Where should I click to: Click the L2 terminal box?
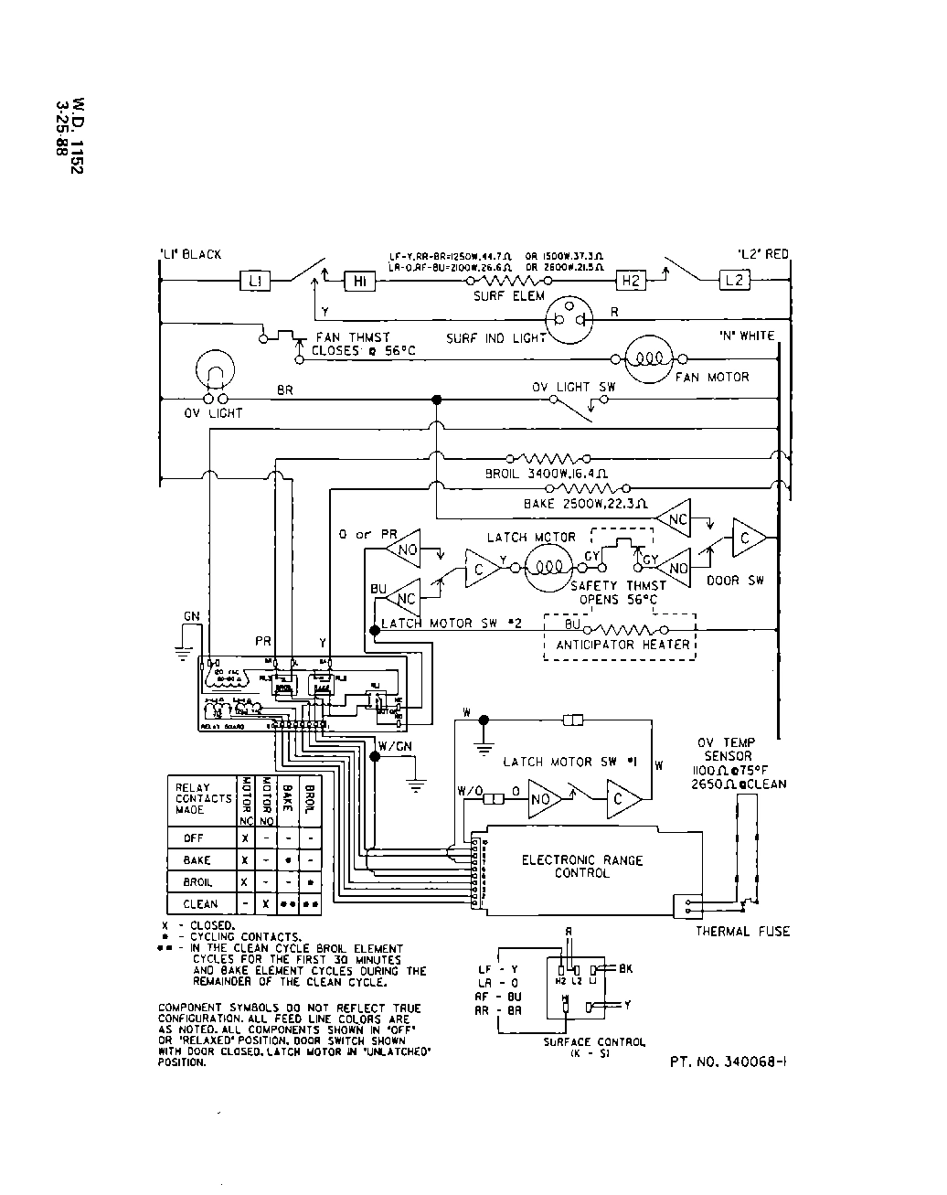click(x=735, y=281)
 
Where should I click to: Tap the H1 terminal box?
click(x=359, y=282)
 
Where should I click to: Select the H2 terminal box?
click(x=631, y=281)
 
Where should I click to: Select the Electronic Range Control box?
click(x=582, y=867)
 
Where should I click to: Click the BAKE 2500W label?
click(x=586, y=504)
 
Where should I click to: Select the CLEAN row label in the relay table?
click(x=200, y=903)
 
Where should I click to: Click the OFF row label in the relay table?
click(x=194, y=838)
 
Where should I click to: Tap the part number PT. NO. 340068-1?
click(x=729, y=1062)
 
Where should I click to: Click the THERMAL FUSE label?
click(x=742, y=932)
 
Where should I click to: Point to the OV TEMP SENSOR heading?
click(x=727, y=750)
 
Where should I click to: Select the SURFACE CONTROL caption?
click(x=594, y=1042)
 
